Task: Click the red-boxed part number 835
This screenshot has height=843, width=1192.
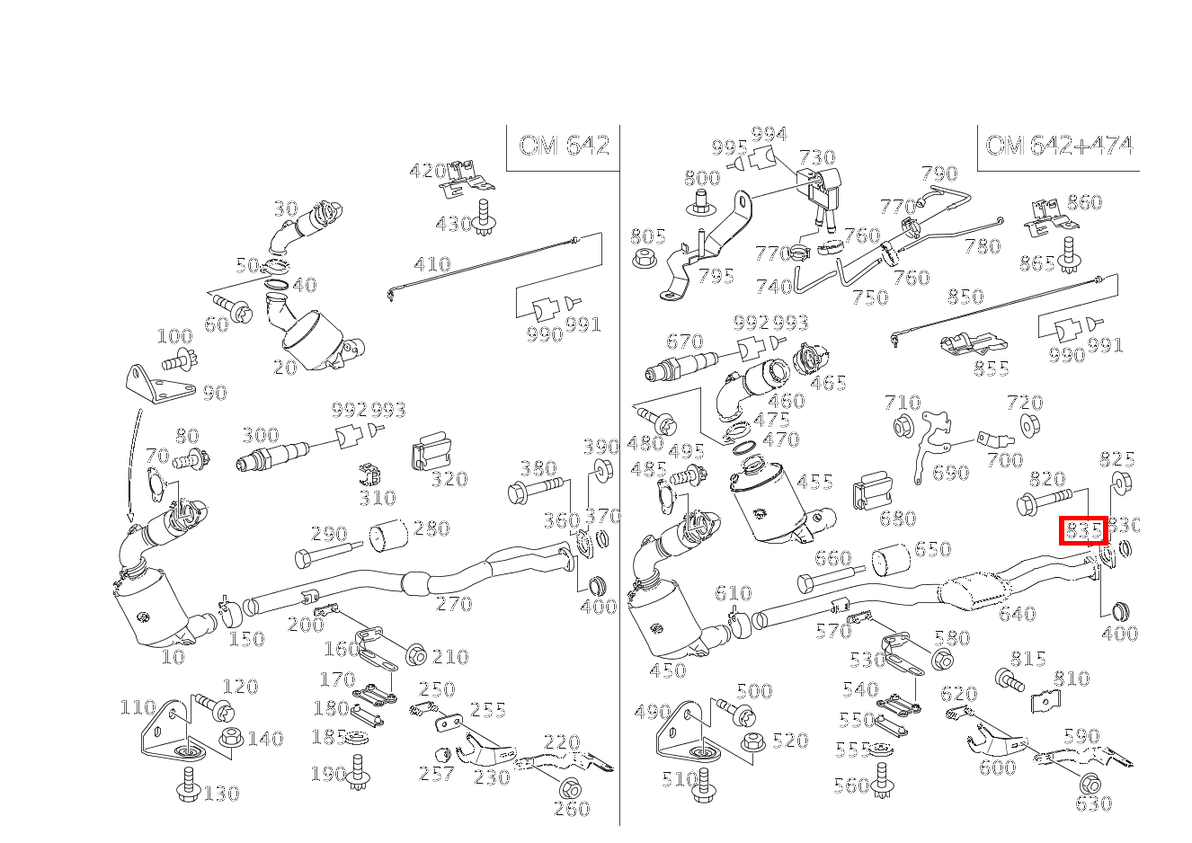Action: pyautogui.click(x=1083, y=530)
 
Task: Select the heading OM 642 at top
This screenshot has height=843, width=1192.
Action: pyautogui.click(x=564, y=146)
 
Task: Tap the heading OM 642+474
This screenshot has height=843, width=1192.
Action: pyautogui.click(x=1058, y=146)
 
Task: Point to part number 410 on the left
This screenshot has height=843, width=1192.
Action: pyautogui.click(x=431, y=265)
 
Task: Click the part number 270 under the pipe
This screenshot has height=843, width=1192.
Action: pyautogui.click(x=454, y=604)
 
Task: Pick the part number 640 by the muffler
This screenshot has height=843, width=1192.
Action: pyautogui.click(x=1017, y=614)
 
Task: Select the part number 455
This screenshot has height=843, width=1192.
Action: pyautogui.click(x=814, y=482)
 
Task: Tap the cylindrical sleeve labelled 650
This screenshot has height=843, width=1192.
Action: pyautogui.click(x=890, y=561)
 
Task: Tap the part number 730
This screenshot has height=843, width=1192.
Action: pyautogui.click(x=817, y=158)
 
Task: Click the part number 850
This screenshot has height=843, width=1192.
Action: pyautogui.click(x=965, y=297)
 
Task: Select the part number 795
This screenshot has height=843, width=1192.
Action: pyautogui.click(x=716, y=276)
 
